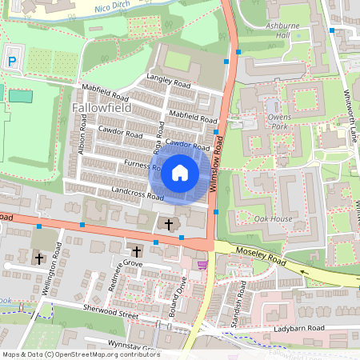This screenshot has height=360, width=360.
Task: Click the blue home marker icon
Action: pyautogui.click(x=180, y=171)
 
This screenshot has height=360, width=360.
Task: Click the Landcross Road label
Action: pyautogui.click(x=138, y=193)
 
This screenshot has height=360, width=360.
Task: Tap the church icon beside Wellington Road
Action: pyautogui.click(x=38, y=258)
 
